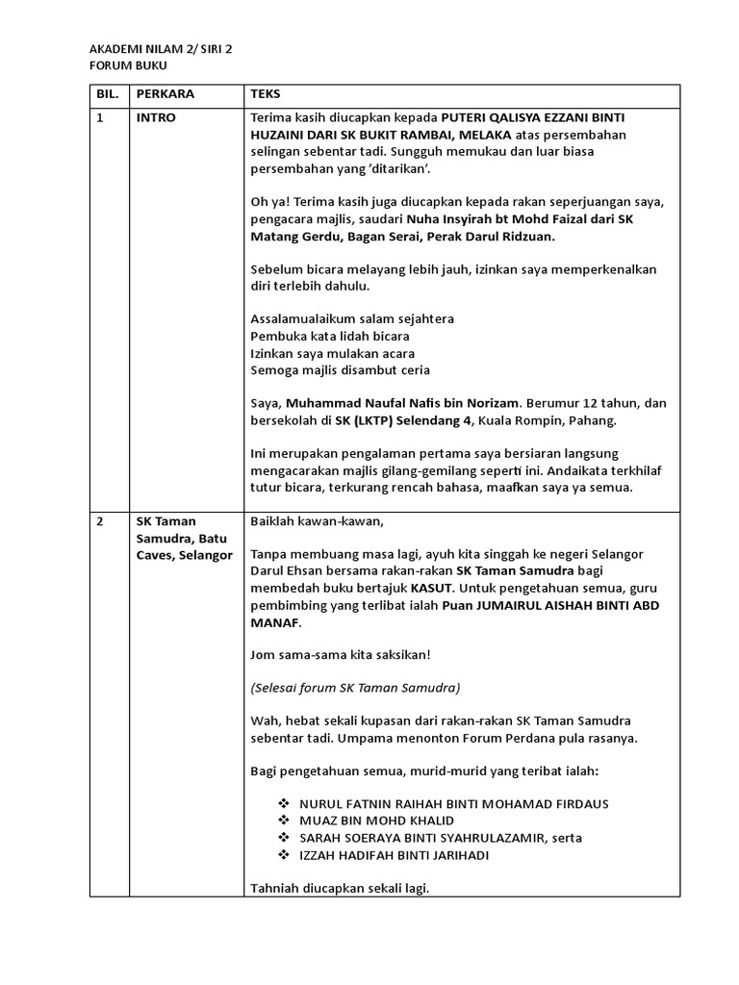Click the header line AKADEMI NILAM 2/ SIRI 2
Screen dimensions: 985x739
click(162, 48)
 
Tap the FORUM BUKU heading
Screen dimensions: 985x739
click(128, 65)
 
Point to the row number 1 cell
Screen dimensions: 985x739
click(100, 117)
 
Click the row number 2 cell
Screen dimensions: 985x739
click(100, 521)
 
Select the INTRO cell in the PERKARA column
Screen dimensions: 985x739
click(156, 117)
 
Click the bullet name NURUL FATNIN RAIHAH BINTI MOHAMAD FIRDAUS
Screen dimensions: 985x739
click(454, 803)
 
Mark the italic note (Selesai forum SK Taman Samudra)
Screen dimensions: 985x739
click(355, 688)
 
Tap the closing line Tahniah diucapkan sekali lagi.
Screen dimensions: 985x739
click(339, 889)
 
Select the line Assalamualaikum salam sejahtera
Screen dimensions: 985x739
click(352, 318)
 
